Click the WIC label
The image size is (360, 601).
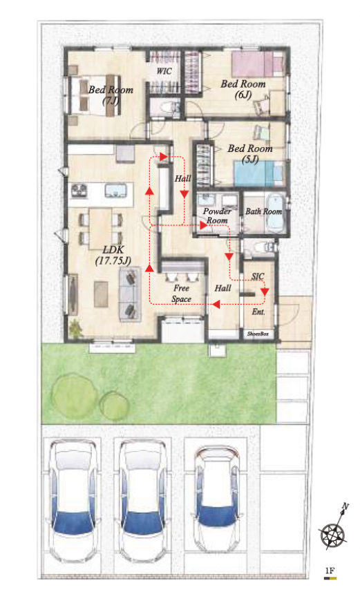click(x=164, y=71)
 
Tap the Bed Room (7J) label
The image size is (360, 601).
click(x=111, y=95)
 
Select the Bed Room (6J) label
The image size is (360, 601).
click(x=243, y=89)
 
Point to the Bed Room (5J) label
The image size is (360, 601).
click(x=250, y=153)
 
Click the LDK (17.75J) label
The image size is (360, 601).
click(x=113, y=256)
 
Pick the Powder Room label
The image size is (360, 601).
click(x=217, y=216)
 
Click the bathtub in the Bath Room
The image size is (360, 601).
click(x=274, y=213)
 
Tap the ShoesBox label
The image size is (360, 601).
click(x=258, y=334)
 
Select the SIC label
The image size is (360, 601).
click(x=258, y=276)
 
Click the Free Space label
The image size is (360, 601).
click(x=181, y=293)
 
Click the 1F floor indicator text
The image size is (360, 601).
click(x=330, y=571)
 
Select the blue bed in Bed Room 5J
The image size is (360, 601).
click(x=259, y=173)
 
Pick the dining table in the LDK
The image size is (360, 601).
click(x=100, y=229)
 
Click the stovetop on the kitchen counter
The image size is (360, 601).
click(x=79, y=190)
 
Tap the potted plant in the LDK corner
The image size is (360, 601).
click(x=76, y=328)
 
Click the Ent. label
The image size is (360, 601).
click(x=258, y=312)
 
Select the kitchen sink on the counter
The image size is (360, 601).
click(x=115, y=191)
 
